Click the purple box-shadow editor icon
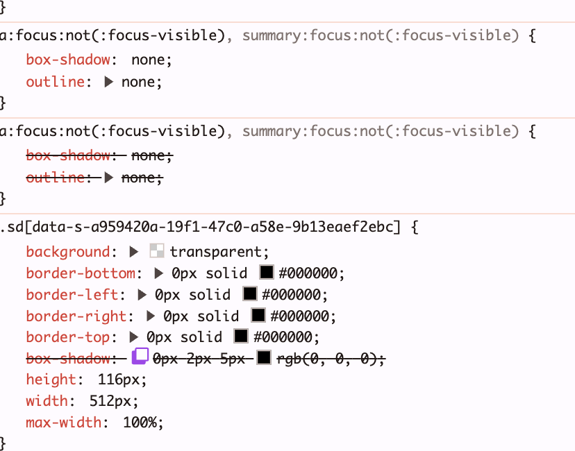click(140, 357)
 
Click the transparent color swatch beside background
click(156, 252)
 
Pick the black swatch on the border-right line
click(258, 316)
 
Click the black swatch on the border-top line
click(241, 337)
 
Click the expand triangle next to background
click(134, 252)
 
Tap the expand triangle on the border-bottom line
click(158, 273)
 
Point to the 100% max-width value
click(143, 422)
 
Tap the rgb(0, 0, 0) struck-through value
click(329, 359)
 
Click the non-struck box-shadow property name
click(67, 60)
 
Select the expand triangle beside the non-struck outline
click(109, 82)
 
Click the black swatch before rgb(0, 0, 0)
click(263, 358)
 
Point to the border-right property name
click(76, 316)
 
